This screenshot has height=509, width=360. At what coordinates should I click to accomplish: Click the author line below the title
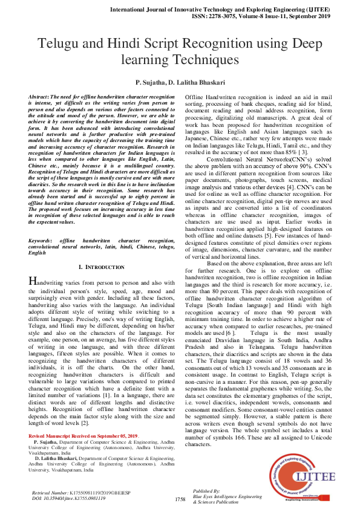pos(180,82)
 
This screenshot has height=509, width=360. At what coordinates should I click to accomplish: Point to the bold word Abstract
pos(39,97)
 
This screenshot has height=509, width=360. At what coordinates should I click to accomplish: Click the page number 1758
pos(180,499)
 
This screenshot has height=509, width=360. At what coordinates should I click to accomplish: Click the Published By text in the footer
pos(206,490)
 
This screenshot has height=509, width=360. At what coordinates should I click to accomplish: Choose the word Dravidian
pos(230,340)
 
